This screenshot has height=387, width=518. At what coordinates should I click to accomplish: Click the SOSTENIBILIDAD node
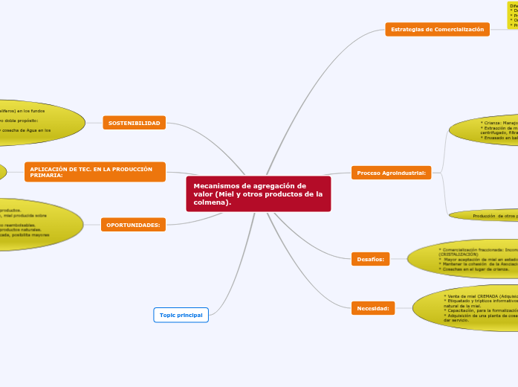tap(134, 123)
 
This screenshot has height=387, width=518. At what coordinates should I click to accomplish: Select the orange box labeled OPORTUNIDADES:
tap(133, 224)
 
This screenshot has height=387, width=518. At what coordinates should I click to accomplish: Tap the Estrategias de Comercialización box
tap(437, 29)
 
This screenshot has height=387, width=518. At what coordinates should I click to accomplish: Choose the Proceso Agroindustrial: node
tap(391, 173)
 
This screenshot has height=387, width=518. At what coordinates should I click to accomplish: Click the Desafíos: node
tap(369, 259)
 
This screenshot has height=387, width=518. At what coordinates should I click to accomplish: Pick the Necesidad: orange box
tap(372, 307)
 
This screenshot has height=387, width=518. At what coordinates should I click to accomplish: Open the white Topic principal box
tap(181, 315)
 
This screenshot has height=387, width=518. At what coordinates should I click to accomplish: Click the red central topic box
tap(258, 193)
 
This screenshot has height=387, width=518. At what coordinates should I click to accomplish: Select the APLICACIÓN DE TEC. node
tap(95, 172)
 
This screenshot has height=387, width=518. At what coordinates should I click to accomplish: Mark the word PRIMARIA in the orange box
tap(47, 175)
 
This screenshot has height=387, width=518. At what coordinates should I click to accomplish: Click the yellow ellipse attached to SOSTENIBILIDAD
tap(37, 122)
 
